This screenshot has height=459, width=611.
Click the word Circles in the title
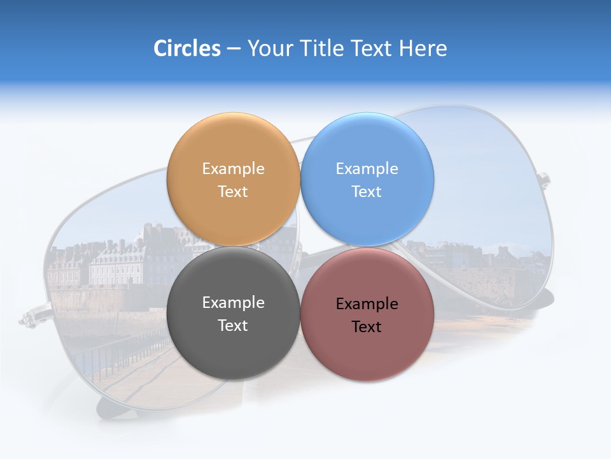point(186,48)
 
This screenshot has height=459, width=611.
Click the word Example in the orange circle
point(233,169)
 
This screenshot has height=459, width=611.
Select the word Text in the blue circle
point(367,192)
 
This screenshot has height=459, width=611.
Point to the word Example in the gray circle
point(233,303)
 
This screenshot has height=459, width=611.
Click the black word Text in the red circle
point(367,327)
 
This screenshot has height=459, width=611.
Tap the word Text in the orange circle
point(233,192)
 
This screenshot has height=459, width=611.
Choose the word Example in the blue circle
point(367,169)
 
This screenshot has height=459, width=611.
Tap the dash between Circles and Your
point(234,49)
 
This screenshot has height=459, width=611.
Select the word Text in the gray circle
point(233,326)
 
